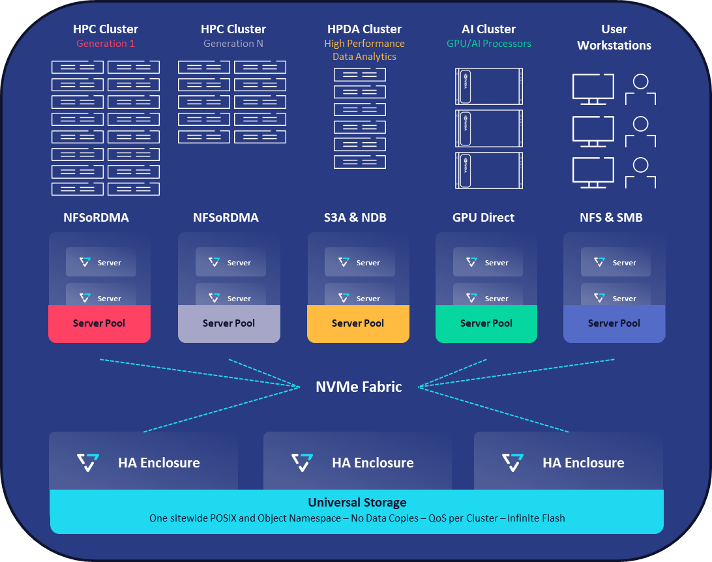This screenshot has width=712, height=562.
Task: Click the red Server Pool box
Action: [x=99, y=323]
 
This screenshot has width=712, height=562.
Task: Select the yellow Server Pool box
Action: [x=358, y=323]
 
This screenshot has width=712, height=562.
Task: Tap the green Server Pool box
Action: [x=486, y=323]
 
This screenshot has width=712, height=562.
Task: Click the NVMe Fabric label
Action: [x=359, y=387]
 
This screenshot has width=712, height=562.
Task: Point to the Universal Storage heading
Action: [x=357, y=503]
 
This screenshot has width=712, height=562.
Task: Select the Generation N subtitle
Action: [x=233, y=44]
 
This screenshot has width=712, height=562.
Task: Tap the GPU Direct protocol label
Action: [x=484, y=218]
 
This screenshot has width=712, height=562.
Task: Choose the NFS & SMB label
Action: [x=611, y=218]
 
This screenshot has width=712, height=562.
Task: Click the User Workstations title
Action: [x=614, y=37]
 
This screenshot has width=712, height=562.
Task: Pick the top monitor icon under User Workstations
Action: [x=593, y=88]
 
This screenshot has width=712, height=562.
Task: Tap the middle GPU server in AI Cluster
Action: [x=489, y=128]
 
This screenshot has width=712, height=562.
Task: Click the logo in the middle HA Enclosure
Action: [x=303, y=462]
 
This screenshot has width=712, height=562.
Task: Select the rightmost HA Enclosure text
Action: [x=584, y=463]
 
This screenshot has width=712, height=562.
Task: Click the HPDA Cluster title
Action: [x=364, y=29]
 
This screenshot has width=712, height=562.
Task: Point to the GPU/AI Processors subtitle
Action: [x=489, y=44]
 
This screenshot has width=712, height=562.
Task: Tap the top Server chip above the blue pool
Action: [x=616, y=262]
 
